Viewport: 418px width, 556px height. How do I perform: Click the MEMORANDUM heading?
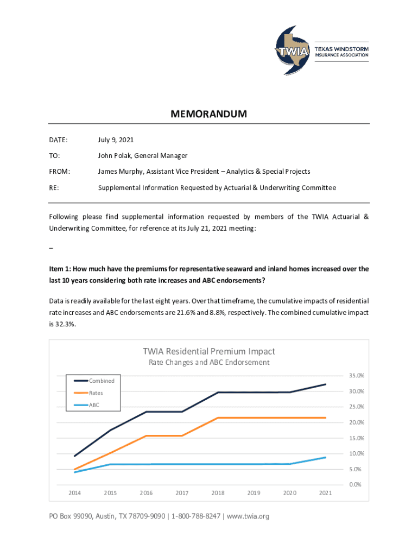pos(209,115)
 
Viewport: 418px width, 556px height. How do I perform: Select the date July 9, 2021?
pos(116,140)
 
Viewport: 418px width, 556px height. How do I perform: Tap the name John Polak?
pos(116,156)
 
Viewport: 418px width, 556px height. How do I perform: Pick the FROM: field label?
pos(59,172)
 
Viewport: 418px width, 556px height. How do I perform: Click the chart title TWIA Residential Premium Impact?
pos(209,351)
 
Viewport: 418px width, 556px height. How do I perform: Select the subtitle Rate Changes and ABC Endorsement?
pos(209,362)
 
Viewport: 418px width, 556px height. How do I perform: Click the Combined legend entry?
pos(102,381)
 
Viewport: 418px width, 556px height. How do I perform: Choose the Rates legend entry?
pos(96,393)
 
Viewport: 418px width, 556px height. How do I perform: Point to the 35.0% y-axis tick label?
pos(356,375)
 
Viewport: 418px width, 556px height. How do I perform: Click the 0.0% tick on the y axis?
pos(357,484)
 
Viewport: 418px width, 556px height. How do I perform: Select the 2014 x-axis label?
pos(74,493)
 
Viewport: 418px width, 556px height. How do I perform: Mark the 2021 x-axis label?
pos(325,493)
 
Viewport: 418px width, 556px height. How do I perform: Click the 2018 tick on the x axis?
pos(218,493)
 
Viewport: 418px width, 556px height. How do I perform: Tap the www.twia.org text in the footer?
pos(248,516)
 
